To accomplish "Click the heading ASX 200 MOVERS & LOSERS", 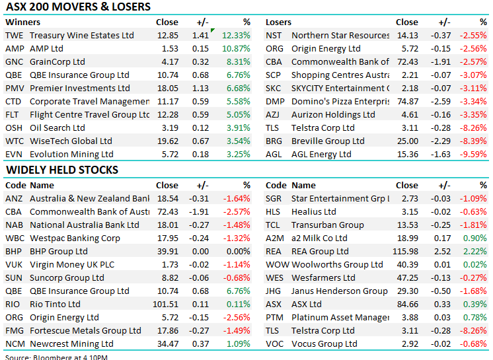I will [78, 7].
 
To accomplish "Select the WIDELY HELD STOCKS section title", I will [62, 170].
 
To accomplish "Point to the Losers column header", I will [278, 22].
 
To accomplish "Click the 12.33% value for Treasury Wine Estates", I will [237, 35].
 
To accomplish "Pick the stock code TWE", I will [14, 35].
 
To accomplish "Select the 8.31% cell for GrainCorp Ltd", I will [239, 61].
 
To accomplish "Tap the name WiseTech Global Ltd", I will [71, 141].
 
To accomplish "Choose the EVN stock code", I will [14, 154].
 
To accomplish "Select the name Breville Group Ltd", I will [328, 141].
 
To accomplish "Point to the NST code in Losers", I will [274, 35].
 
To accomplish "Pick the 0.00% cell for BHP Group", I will [238, 251].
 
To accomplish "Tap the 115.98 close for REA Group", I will [405, 251].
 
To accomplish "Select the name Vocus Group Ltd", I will [324, 343].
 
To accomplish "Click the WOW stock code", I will [277, 264].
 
